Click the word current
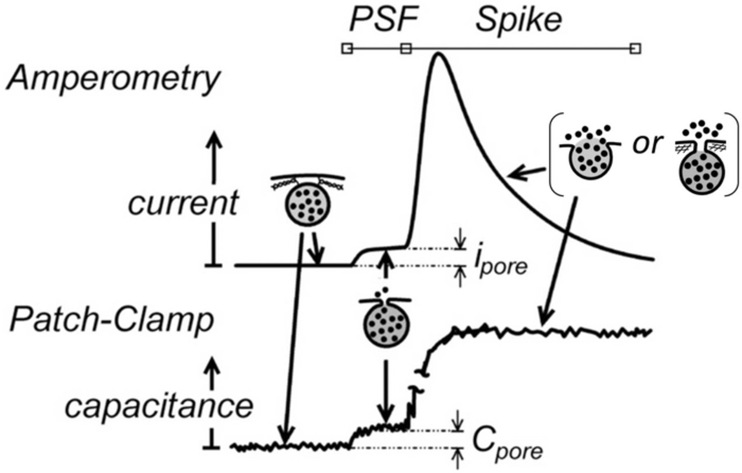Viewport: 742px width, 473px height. click(183, 203)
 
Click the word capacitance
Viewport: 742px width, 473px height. click(159, 406)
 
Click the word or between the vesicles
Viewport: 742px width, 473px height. click(647, 144)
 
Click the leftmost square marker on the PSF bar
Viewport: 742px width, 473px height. click(347, 49)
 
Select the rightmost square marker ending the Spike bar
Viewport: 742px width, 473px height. click(635, 49)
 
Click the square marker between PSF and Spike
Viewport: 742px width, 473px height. click(406, 49)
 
